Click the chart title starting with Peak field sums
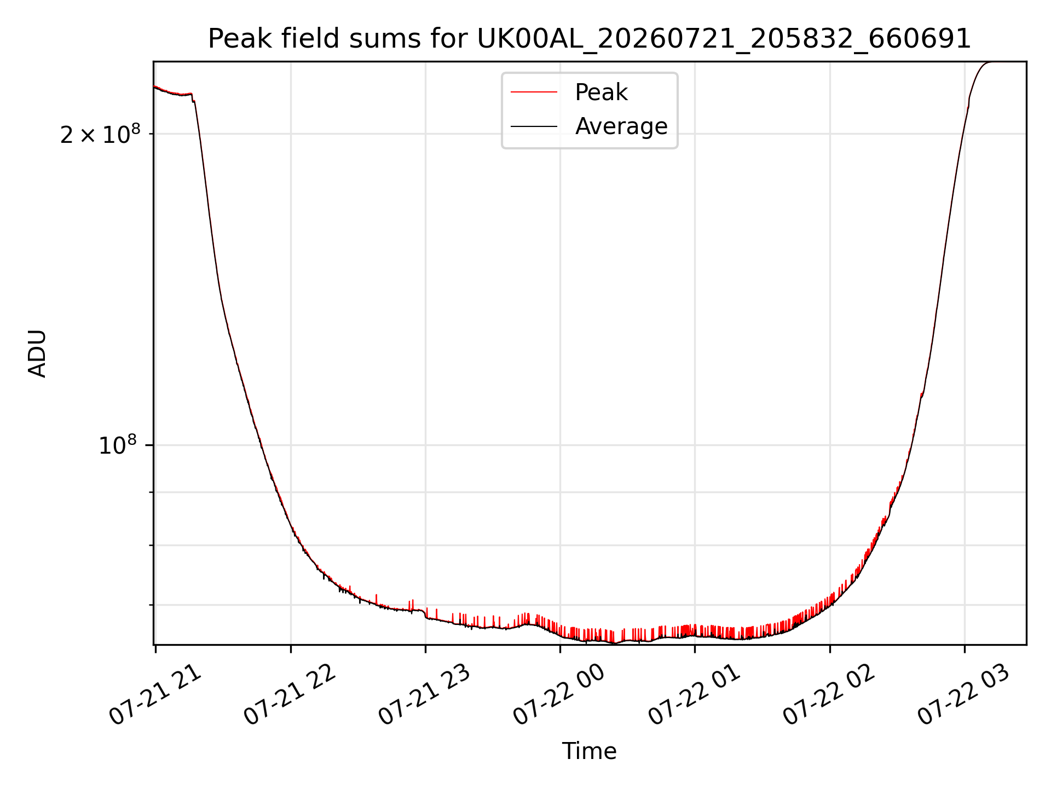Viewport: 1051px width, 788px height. [590, 39]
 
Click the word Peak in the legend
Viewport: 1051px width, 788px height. [601, 92]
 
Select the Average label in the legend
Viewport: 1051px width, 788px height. [621, 126]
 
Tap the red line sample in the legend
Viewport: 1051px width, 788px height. [534, 92]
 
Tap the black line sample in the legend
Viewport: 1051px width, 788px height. [534, 126]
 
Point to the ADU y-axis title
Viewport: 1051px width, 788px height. [37, 354]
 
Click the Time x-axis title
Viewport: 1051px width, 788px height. [590, 751]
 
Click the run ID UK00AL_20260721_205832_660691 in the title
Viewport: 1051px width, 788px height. [724, 39]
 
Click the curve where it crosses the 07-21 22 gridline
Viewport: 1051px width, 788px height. [291, 524]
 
